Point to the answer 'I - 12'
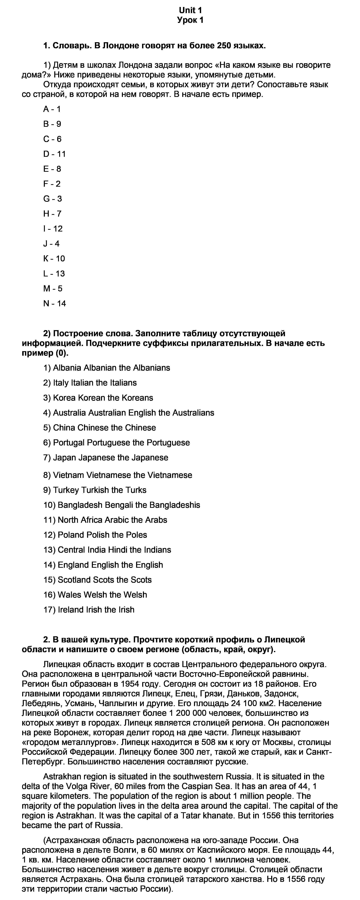pyautogui.click(x=53, y=229)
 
